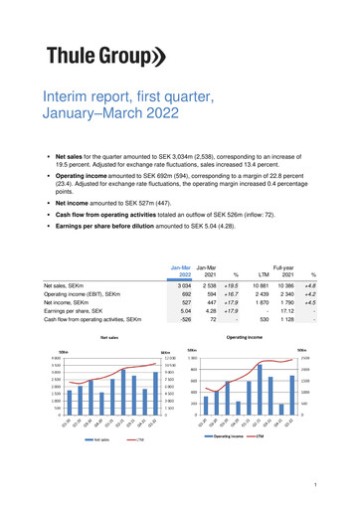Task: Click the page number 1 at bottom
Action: point(340,483)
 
